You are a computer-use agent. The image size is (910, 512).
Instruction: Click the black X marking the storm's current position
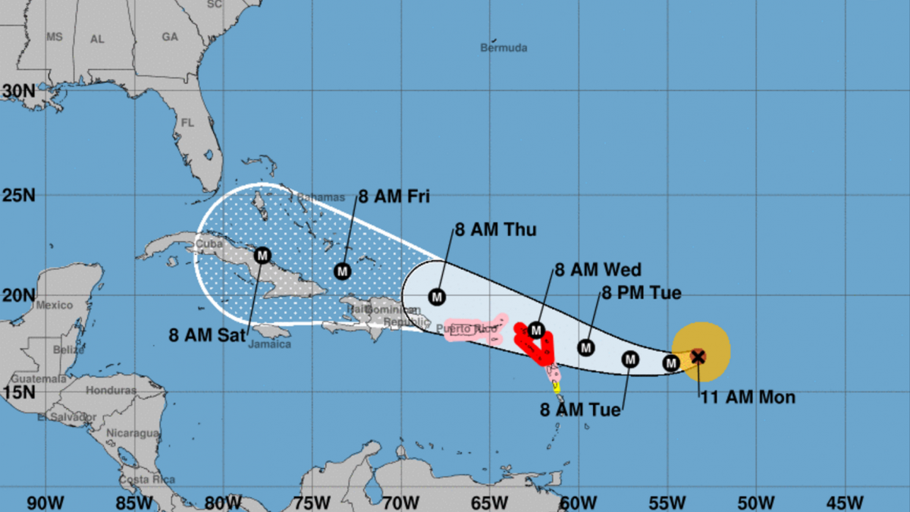coord(698,356)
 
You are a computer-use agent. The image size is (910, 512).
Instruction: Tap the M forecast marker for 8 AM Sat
coord(262,255)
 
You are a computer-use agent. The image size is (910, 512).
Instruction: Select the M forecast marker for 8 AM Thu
coord(437,296)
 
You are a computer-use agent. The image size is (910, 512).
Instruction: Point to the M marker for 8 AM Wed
coord(536,330)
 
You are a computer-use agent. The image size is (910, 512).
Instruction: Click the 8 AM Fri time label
coord(394,197)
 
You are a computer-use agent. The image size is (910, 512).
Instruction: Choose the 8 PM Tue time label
coord(642,293)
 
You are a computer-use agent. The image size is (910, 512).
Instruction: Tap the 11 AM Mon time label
coord(747,397)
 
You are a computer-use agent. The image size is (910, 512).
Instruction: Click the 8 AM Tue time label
coord(580,410)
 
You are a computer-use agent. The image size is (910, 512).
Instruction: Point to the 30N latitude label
coord(18,91)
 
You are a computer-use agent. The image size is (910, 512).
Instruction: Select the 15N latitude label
coord(18,392)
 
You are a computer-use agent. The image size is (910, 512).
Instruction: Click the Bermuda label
coord(503,48)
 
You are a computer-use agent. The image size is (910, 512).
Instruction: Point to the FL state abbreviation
coord(188,123)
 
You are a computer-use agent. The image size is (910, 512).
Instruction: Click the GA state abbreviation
coord(170,36)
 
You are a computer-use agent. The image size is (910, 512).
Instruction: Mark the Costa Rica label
coord(147,479)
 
